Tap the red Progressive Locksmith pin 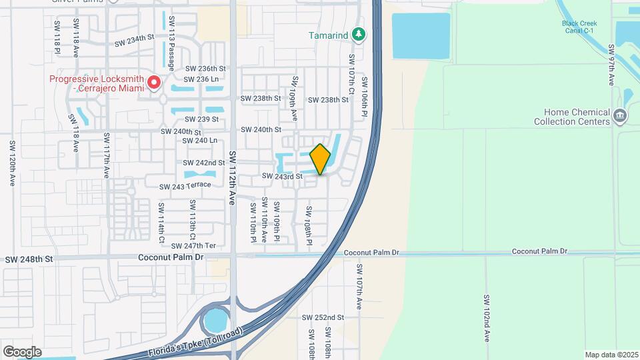pyautogui.click(x=154, y=83)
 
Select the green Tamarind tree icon pyautogui.click(x=359, y=34)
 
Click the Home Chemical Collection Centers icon pyautogui.click(x=620, y=117)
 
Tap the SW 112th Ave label pyautogui.click(x=233, y=177)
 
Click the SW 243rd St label pyautogui.click(x=282, y=177)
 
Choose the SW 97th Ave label pyautogui.click(x=611, y=65)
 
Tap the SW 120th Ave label pyautogui.click(x=12, y=163)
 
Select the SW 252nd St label pyautogui.click(x=323, y=317)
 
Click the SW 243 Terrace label pyautogui.click(x=185, y=185)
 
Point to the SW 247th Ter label pyautogui.click(x=194, y=246)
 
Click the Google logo pyautogui.click(x=22, y=352)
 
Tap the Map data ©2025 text pyautogui.click(x=610, y=355)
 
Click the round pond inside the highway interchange pyautogui.click(x=215, y=321)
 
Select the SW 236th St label pyautogui.click(x=206, y=69)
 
